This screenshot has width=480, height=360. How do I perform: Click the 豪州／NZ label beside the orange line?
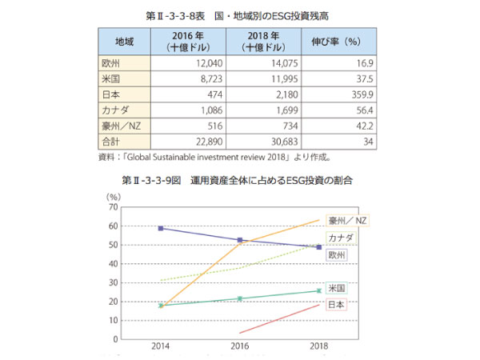(353, 220)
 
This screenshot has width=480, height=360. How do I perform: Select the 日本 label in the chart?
(336, 304)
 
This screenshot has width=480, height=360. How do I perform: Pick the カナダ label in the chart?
(342, 238)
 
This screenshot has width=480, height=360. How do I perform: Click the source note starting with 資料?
(216, 158)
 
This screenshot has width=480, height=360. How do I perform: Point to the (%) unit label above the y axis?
(113, 195)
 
